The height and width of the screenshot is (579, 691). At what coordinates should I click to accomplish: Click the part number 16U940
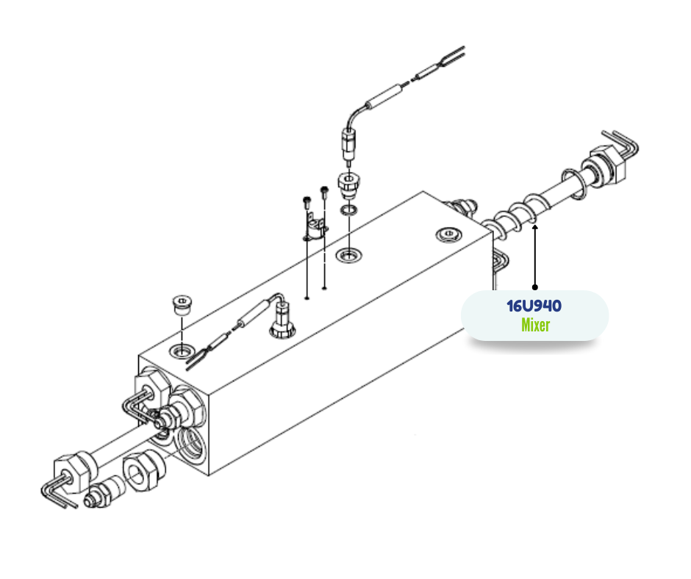pyautogui.click(x=534, y=306)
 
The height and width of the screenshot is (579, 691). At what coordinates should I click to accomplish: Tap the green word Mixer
pyautogui.click(x=535, y=326)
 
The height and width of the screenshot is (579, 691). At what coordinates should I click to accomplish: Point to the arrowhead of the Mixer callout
pyautogui.click(x=535, y=227)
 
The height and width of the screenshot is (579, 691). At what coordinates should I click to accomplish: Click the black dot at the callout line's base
pyautogui.click(x=535, y=287)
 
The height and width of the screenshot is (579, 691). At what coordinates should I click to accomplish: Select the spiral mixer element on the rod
pyautogui.click(x=515, y=216)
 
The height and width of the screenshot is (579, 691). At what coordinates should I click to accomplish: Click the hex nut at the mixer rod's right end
pyautogui.click(x=607, y=165)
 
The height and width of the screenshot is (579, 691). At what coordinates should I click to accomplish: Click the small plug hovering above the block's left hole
pyautogui.click(x=181, y=305)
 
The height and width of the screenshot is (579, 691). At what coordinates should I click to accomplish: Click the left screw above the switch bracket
pyautogui.click(x=307, y=203)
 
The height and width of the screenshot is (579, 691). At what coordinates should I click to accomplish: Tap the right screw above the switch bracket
pyautogui.click(x=324, y=192)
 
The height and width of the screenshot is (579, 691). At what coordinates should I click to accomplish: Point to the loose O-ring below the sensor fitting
pyautogui.click(x=349, y=209)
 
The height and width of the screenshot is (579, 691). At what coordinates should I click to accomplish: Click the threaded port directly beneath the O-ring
pyautogui.click(x=349, y=255)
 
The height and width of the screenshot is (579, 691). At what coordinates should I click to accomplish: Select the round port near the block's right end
pyautogui.click(x=448, y=234)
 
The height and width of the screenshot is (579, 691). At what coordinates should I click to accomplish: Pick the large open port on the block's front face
pyautogui.click(x=190, y=445)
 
